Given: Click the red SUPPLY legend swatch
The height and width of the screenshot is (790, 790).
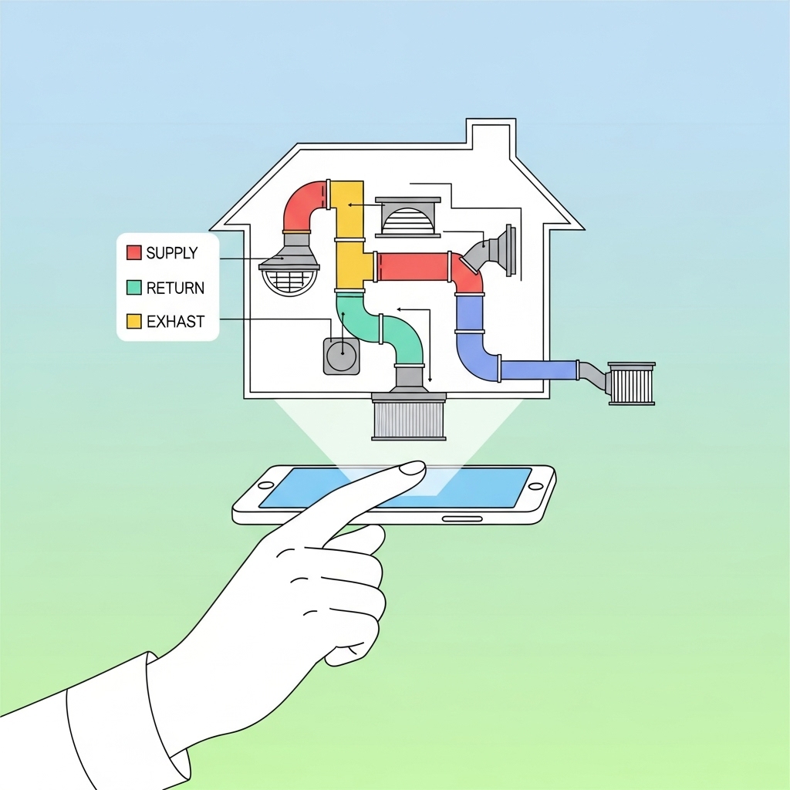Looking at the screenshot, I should [133, 252].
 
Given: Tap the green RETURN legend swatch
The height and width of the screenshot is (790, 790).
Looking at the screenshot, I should [133, 287].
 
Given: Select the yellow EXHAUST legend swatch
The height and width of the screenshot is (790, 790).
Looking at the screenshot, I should [133, 321].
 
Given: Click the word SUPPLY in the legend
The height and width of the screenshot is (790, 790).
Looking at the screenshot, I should [171, 252].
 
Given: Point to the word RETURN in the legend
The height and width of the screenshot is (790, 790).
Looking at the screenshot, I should [175, 288].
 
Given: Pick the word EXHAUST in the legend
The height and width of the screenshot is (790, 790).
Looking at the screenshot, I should [175, 322].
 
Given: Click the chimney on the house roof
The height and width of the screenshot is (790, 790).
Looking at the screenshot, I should [491, 139].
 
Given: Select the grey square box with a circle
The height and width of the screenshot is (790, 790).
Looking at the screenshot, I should [341, 356].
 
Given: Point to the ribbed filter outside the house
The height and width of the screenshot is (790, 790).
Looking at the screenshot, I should [631, 383].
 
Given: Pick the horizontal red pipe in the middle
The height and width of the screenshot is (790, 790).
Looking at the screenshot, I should [413, 267].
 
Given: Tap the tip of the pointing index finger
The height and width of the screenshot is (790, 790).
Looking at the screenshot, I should [414, 468].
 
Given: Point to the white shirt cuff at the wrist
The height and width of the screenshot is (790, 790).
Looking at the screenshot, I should [116, 717].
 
